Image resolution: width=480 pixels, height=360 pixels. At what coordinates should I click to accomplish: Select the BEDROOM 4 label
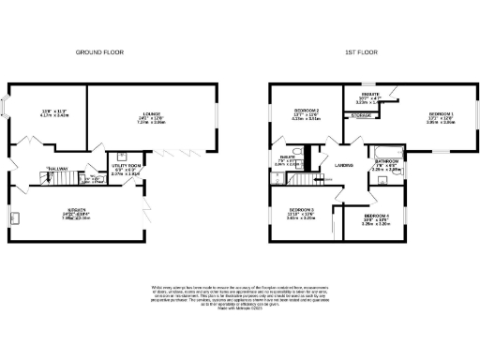point(375,217)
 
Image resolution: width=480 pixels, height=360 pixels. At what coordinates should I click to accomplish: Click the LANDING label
point(343,165)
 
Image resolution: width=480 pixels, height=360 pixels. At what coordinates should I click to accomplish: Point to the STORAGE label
point(360,115)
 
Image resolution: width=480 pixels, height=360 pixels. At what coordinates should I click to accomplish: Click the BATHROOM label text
point(386,161)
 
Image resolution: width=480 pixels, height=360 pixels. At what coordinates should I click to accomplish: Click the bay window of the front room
point(7,106)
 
